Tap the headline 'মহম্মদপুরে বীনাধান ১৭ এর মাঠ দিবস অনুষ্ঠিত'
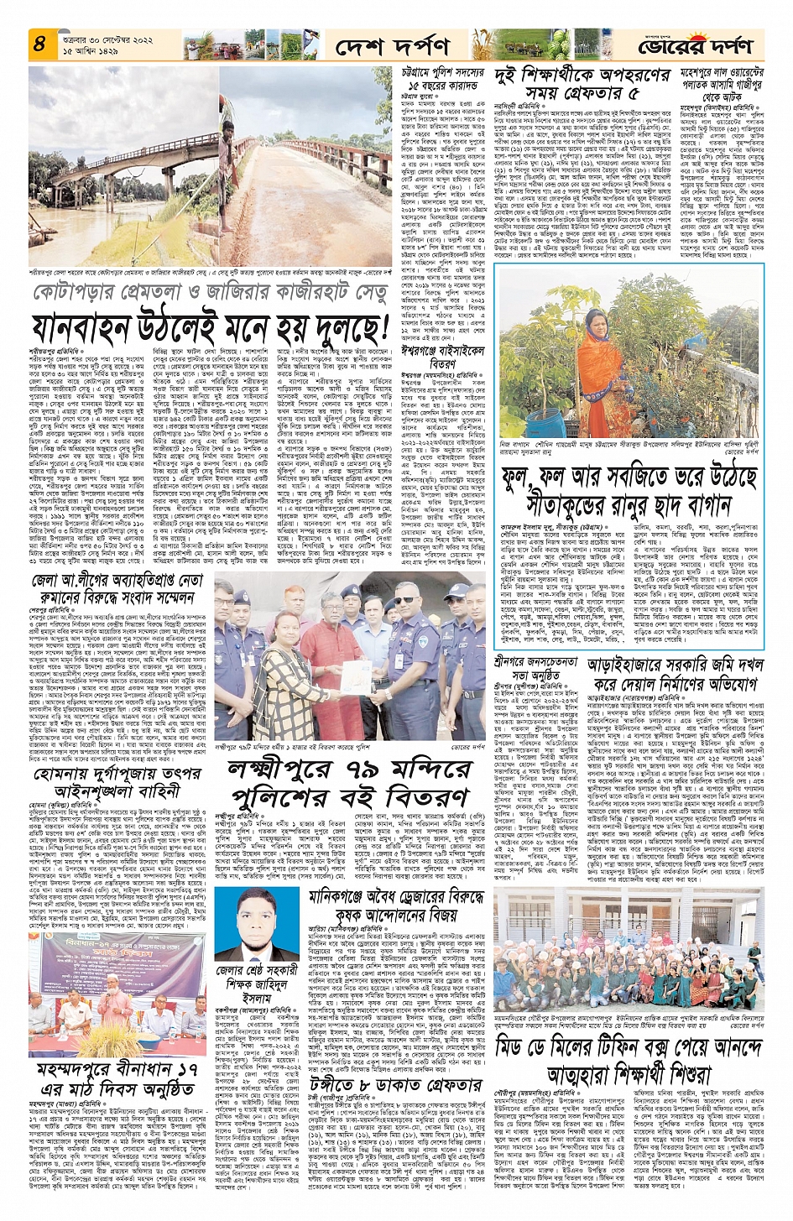[x=117, y=1080]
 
